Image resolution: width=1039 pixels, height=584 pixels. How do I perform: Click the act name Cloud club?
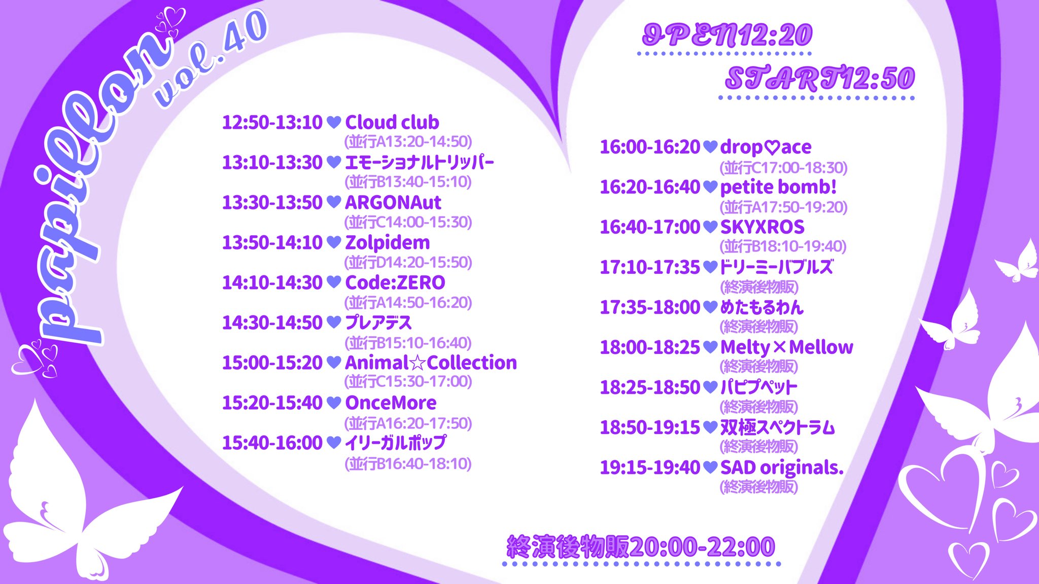392,122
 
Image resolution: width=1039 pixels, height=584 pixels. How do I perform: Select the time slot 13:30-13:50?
272,202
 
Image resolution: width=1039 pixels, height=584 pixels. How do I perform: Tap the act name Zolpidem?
388,243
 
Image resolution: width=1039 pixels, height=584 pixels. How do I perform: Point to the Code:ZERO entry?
395,282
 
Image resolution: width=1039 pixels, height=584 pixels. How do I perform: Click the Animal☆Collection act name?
431,362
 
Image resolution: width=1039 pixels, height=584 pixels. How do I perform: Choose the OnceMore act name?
391,403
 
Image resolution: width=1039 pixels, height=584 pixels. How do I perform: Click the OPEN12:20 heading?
727,34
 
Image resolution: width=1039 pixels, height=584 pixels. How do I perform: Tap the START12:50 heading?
820,78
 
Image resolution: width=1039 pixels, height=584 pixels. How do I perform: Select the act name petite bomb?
778,187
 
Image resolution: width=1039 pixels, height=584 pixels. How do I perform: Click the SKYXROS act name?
763,227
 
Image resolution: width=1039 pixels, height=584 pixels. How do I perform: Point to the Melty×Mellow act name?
787,347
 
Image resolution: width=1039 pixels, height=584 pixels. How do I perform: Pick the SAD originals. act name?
782,467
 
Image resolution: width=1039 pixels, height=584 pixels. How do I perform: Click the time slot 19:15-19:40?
650,467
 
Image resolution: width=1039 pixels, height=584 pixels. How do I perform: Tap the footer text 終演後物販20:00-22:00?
641,546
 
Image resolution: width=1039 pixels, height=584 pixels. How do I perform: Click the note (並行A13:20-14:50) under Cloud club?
408,141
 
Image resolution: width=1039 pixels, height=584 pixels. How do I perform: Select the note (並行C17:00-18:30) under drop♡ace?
784,167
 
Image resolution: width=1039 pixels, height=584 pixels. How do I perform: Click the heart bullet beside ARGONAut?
334,202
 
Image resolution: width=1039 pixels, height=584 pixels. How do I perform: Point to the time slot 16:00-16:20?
650,147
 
